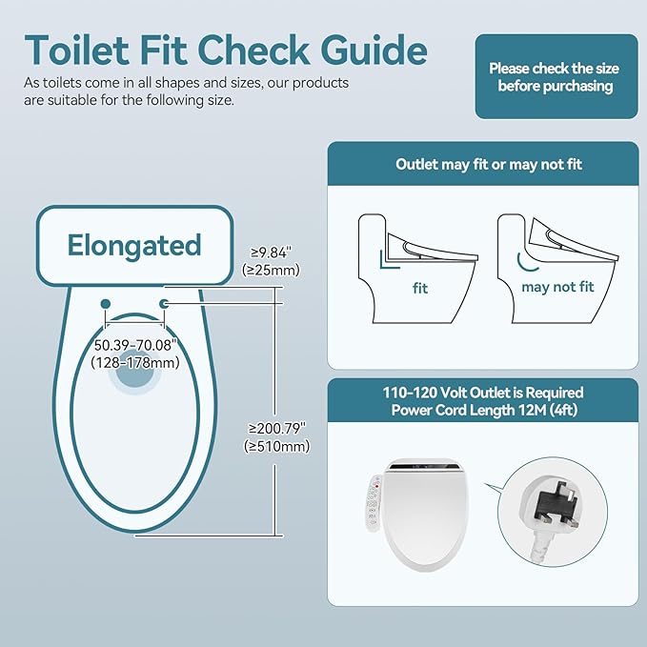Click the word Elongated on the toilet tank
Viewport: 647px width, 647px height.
pos(134,246)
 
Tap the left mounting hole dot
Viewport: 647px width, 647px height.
pos(105,303)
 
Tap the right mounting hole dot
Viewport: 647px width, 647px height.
pos(164,303)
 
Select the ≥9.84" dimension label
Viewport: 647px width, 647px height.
pos(272,252)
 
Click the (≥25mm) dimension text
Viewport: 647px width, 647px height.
pos(272,270)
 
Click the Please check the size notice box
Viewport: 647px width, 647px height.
pos(556,77)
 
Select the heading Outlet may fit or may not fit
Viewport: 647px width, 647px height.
pos(489,164)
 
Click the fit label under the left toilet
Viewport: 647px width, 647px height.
pos(420,286)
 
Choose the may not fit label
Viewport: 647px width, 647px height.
pos(558,286)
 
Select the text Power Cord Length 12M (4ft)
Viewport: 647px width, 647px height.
pos(489,411)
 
